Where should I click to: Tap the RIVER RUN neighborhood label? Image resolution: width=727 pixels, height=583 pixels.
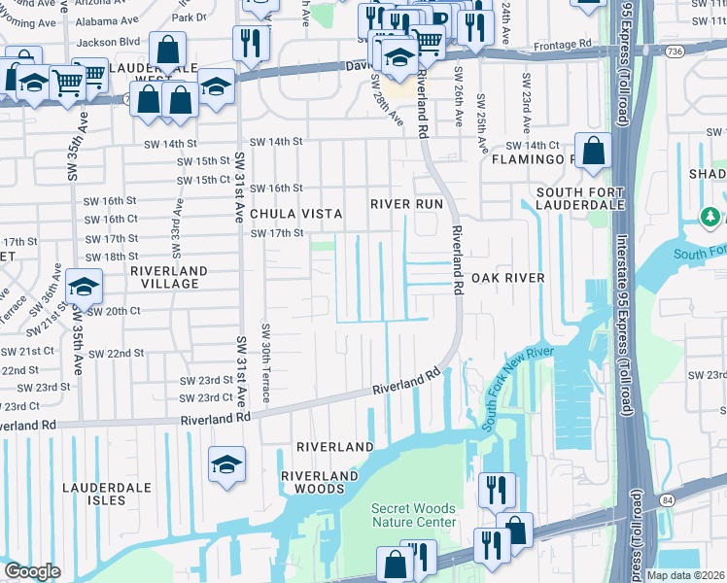click(406, 204)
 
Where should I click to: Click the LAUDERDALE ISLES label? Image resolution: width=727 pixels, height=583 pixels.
click(108, 494)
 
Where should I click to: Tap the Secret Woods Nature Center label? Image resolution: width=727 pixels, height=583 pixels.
click(413, 515)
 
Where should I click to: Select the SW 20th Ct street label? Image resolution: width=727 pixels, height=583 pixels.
click(114, 311)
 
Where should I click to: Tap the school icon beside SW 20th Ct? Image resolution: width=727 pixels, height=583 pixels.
click(86, 287)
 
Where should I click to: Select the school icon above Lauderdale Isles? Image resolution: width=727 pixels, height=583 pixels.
click(226, 464)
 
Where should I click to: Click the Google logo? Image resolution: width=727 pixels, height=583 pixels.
click(32, 571)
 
